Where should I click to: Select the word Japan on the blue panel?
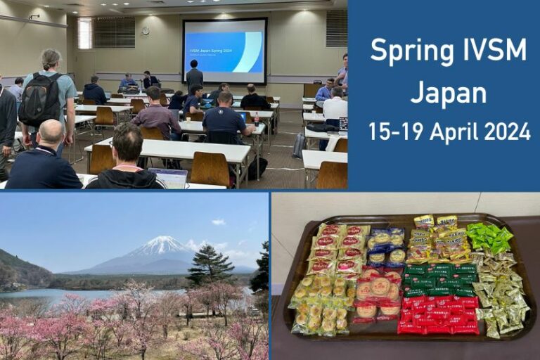point(449,92)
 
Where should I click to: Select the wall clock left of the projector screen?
point(145,30)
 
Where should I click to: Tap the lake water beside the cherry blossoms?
point(42,295)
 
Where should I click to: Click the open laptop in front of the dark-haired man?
point(168,178)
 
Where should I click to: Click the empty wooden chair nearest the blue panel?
point(331,174)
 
